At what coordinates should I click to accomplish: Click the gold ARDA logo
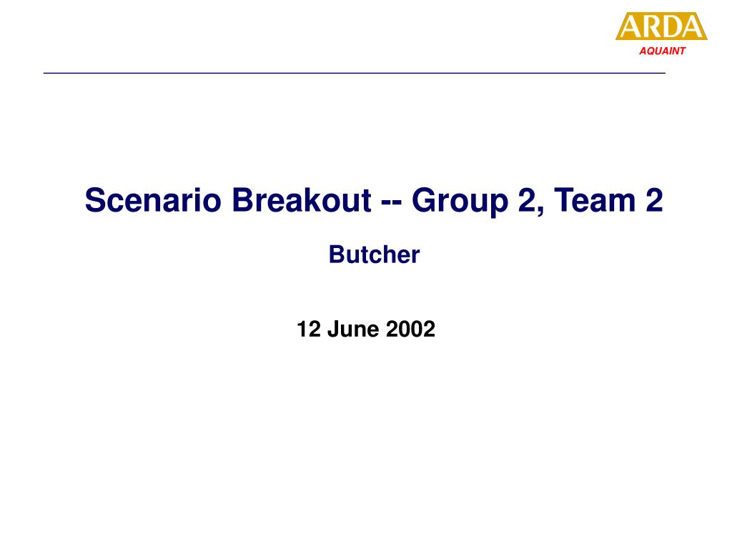click(x=661, y=26)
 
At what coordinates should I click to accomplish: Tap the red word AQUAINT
click(x=663, y=51)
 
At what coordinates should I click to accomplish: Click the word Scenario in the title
click(x=153, y=200)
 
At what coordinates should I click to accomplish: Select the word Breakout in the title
click(x=302, y=200)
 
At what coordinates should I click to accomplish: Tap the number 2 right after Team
click(x=655, y=200)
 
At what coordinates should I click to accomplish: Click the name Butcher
click(x=375, y=254)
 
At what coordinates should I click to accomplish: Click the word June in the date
click(x=353, y=329)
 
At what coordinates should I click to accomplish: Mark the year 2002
click(x=411, y=329)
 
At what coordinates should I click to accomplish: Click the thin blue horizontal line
click(x=355, y=74)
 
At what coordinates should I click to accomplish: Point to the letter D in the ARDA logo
click(x=672, y=26)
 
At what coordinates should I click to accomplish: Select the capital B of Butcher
click(x=337, y=254)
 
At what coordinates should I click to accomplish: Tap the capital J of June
click(x=333, y=329)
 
